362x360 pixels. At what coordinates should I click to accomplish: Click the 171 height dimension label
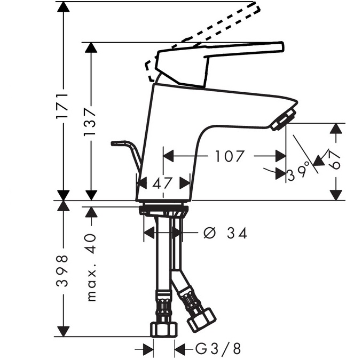click(62, 106)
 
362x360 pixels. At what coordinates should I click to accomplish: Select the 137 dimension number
click(90, 124)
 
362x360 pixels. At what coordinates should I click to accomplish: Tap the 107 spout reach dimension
click(229, 156)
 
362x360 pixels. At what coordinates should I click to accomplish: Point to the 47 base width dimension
click(162, 183)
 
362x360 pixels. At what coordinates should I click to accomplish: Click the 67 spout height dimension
click(334, 160)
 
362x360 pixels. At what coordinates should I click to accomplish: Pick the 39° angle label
click(298, 172)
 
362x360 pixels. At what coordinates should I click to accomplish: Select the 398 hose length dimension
click(62, 270)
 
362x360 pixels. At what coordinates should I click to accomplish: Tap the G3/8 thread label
click(218, 349)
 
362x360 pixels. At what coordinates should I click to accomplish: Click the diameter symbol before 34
click(210, 233)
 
